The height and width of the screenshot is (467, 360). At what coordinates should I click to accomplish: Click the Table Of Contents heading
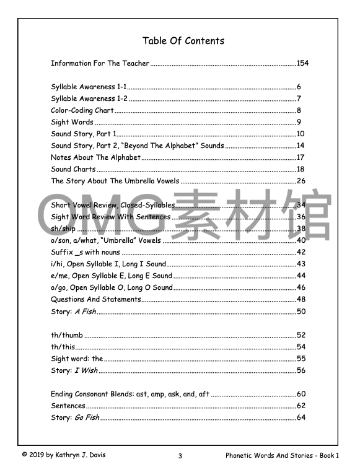(x=183, y=41)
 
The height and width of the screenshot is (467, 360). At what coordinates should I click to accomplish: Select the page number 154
(x=303, y=63)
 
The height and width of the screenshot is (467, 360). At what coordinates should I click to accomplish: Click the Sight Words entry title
(x=72, y=122)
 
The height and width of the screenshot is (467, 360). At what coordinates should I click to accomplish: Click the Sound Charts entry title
(x=73, y=169)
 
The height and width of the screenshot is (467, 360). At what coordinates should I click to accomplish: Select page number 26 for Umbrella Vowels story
(x=301, y=181)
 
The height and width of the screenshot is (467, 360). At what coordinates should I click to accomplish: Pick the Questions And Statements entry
(x=95, y=299)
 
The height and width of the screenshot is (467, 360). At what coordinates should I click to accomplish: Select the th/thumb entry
(x=67, y=335)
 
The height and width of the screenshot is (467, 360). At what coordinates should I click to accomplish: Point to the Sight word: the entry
(x=77, y=359)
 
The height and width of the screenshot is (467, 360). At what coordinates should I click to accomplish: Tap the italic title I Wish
(x=86, y=370)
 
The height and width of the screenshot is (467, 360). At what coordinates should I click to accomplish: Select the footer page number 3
(x=180, y=456)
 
